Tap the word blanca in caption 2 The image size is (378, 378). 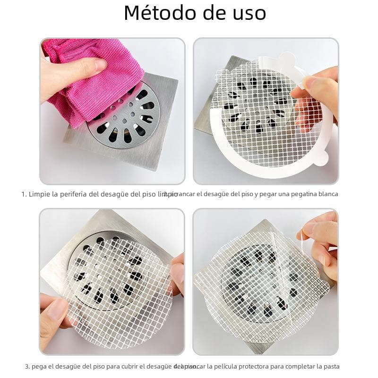(327, 194)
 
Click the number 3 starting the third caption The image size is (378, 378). (27, 367)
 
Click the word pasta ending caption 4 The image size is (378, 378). (331, 367)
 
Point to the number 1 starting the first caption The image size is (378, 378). (23, 194)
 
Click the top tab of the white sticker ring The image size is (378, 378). (286, 59)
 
